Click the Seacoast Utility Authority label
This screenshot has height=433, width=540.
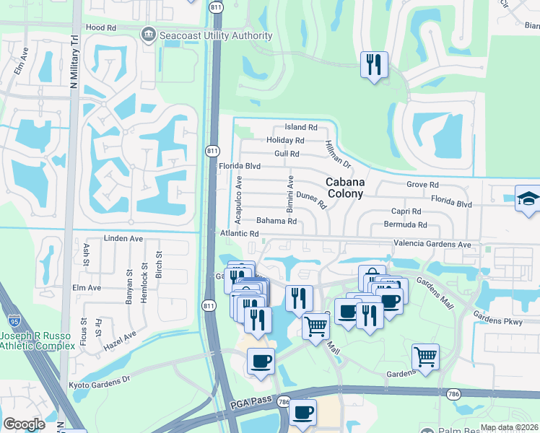(x=204, y=34)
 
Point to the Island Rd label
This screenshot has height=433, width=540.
(x=301, y=127)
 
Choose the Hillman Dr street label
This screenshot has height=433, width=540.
(x=338, y=154)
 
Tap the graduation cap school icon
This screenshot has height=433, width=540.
(x=528, y=198)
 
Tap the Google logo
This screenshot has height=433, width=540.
(x=24, y=424)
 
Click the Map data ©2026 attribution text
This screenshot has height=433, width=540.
(x=509, y=427)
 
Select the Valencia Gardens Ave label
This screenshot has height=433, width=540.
(x=432, y=245)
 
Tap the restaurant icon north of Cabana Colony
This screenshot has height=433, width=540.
(x=374, y=64)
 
